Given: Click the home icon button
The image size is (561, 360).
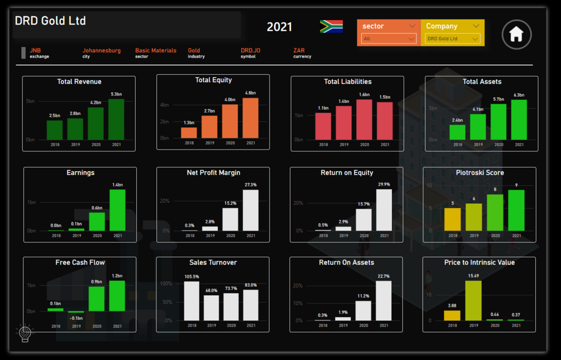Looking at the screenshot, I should (516, 35).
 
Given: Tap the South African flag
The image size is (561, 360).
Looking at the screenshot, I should (331, 26).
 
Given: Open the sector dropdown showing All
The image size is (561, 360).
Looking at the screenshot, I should (389, 39).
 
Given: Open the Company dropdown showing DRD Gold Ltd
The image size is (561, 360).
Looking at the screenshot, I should (453, 39).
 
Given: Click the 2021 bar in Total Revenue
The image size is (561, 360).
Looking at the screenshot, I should (116, 119).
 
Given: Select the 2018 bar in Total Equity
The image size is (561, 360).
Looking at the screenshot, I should (189, 133).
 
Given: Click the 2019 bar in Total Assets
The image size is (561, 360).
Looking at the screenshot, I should (478, 127).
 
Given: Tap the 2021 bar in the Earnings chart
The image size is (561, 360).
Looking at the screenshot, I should (118, 210).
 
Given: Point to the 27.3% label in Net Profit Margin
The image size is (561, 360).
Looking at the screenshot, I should (251, 185).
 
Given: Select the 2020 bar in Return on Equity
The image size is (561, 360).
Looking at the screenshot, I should (364, 219).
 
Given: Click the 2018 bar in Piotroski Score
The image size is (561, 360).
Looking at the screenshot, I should (453, 219).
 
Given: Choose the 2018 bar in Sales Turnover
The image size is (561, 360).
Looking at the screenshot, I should (192, 301).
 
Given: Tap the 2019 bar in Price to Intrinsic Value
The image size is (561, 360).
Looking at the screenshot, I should (473, 300).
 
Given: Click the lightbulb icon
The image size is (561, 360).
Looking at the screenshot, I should (25, 333).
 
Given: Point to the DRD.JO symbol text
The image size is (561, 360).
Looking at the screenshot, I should (251, 50).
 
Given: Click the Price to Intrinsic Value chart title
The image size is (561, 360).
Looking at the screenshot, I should (480, 262).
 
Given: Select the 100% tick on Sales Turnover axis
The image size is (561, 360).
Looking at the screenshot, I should (166, 284).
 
